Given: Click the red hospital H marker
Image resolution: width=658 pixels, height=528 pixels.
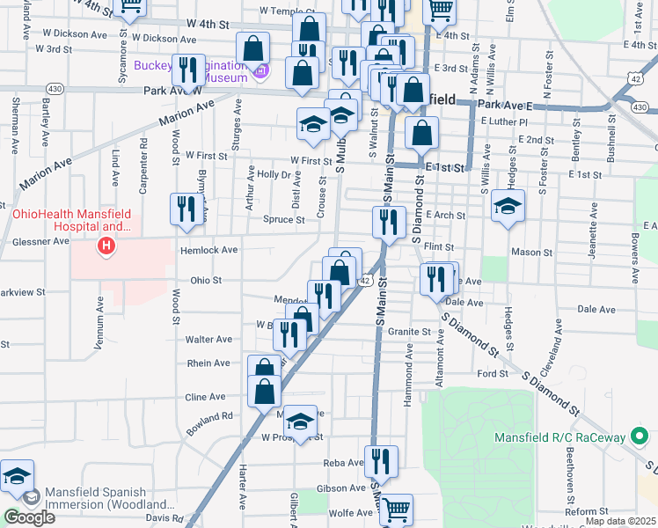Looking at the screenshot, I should point(106,246).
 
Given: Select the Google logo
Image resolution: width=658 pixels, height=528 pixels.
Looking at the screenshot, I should point(29,517).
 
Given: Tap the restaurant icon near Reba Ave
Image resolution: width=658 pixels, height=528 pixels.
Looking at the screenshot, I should point(381,459).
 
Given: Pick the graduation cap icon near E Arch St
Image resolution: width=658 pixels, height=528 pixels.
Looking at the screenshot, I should point(508,206).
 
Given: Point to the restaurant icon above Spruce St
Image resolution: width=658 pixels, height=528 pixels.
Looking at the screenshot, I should point(186,209).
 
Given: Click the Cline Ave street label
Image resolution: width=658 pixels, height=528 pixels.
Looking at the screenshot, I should point(205,397).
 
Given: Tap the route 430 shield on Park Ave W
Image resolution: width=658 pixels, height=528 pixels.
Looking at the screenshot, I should point(55,89).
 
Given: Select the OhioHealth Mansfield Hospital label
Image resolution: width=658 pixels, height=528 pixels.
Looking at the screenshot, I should point(70,220).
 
